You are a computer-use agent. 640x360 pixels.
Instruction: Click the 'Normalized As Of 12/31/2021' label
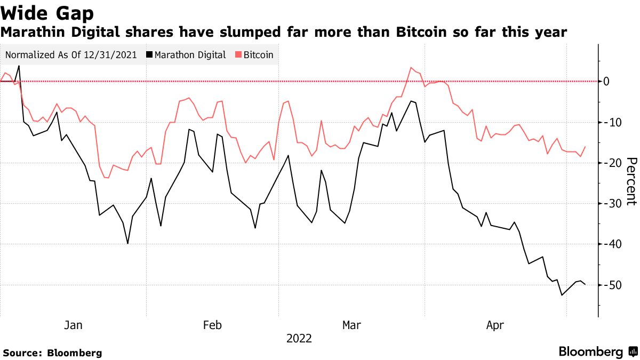coord(70,55)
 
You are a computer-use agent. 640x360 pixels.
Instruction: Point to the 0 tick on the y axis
coord(606,82)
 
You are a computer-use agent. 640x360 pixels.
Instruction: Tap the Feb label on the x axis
coord(212,325)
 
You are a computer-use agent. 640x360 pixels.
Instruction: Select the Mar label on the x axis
coord(351,325)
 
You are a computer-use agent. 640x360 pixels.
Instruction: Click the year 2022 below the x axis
coord(299,339)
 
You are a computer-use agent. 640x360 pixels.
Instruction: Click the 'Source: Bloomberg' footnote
coord(52,353)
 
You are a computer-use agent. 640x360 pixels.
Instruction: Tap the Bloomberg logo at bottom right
coord(597,352)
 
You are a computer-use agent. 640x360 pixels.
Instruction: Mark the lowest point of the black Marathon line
coord(562,295)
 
